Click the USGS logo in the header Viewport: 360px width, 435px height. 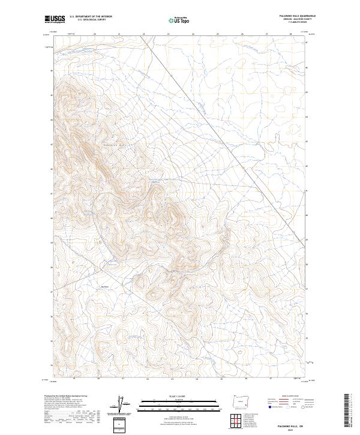click(x=55, y=19)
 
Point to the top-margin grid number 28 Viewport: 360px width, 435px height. click(x=290, y=34)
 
